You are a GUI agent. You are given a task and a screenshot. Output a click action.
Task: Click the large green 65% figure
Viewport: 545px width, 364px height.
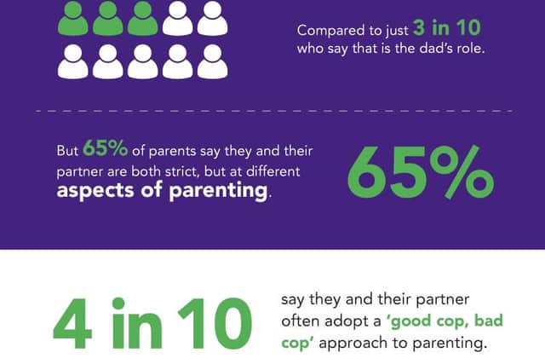point(421,172)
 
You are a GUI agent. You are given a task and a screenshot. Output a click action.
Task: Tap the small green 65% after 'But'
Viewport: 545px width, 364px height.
point(105,148)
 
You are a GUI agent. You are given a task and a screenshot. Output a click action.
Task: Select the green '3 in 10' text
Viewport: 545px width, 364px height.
point(447,28)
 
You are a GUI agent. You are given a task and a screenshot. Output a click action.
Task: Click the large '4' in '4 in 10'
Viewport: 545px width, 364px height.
point(72,324)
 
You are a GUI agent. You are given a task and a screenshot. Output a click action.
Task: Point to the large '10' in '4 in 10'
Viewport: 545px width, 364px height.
point(215,324)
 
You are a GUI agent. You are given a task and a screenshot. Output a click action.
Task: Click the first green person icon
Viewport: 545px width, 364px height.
point(72,18)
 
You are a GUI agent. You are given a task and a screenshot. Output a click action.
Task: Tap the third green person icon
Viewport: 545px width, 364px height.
point(142,18)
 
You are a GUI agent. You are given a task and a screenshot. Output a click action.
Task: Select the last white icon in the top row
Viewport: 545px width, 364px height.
point(213,18)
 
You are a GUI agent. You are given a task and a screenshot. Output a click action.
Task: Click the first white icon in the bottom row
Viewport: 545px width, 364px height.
point(72,61)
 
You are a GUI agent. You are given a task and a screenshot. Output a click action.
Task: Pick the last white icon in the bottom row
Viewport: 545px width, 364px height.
point(213,61)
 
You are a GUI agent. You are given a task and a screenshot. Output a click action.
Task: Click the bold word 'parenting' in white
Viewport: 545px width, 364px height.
point(218,191)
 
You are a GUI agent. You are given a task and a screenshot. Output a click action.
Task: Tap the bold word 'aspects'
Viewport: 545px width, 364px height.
point(95,191)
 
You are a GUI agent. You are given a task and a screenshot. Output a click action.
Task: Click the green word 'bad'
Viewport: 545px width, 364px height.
point(488,321)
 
